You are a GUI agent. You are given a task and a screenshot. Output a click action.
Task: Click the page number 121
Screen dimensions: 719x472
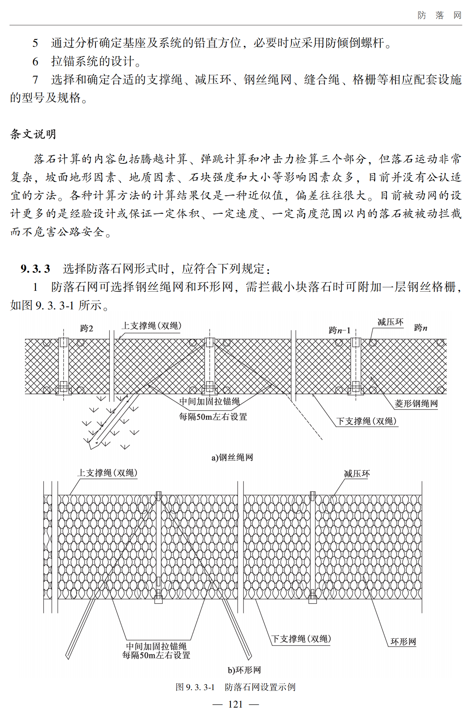(x=235, y=704)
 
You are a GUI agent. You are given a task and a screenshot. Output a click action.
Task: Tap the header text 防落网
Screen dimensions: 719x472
(x=440, y=15)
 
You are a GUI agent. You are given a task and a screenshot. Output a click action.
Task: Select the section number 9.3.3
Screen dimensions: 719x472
(x=35, y=269)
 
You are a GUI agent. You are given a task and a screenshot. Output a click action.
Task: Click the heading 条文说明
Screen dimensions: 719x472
(x=33, y=134)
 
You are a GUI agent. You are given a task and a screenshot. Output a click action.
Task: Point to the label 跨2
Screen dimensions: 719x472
(x=86, y=328)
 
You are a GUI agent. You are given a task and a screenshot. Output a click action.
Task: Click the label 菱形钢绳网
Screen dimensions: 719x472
(x=416, y=404)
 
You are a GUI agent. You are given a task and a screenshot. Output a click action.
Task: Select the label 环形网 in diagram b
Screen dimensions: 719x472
(x=403, y=642)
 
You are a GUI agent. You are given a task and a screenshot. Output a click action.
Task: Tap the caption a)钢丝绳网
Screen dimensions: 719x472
(x=232, y=457)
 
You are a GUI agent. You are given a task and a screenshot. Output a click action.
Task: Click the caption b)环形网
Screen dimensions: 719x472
(x=244, y=670)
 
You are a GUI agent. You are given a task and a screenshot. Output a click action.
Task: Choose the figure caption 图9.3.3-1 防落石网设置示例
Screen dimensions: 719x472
(x=235, y=687)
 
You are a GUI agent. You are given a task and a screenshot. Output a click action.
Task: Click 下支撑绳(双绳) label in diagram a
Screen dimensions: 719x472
(x=366, y=421)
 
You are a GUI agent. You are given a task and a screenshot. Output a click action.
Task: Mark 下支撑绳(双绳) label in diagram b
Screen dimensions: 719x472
(x=301, y=639)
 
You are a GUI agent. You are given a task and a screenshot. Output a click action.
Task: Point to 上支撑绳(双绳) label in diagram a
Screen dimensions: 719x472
(x=152, y=325)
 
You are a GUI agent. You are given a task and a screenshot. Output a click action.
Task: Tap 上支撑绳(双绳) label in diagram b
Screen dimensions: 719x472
(x=107, y=473)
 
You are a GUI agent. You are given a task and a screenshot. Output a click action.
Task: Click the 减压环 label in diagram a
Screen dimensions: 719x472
(x=390, y=322)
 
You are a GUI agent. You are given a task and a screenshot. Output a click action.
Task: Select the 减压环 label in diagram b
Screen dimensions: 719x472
(x=357, y=474)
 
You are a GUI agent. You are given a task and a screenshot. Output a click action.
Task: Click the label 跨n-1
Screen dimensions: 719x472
(x=339, y=330)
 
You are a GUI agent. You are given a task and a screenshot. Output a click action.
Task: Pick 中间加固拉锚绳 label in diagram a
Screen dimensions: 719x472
(x=209, y=401)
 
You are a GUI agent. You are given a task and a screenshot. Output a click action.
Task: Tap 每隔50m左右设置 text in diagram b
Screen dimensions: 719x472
(x=156, y=655)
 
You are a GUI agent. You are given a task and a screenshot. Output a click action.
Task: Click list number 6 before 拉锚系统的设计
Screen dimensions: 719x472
(x=35, y=61)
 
